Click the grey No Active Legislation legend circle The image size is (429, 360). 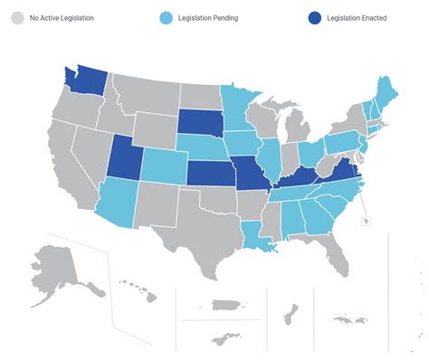point(17,18)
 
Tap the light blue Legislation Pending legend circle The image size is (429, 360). point(166,18)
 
